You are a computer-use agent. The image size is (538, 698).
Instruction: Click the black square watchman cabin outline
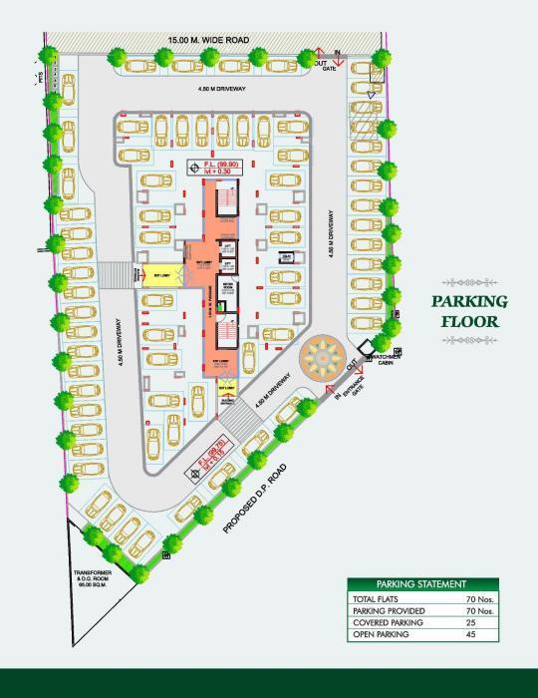(x=396, y=353)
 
